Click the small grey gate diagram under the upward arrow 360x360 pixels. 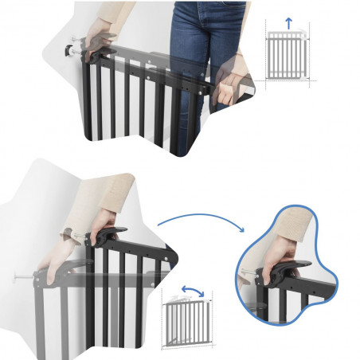288,58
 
